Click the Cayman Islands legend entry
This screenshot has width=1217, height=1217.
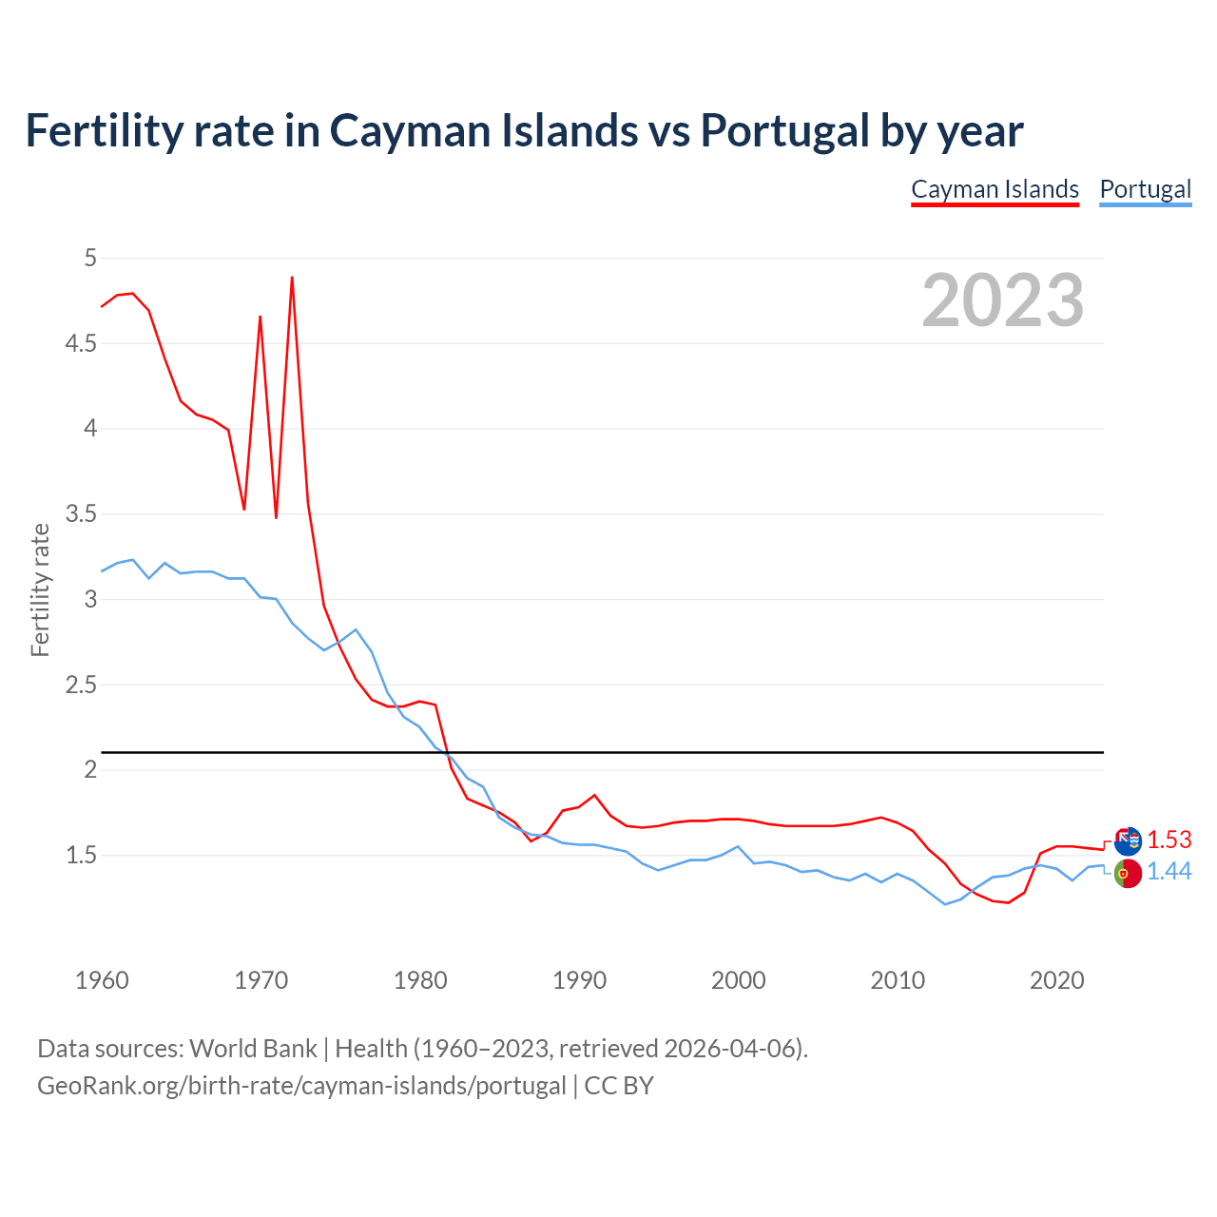pos(995,189)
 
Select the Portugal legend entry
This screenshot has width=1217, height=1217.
pos(1145,189)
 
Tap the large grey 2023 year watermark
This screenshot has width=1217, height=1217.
pos(1003,300)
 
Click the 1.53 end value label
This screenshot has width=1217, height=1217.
pos(1169,840)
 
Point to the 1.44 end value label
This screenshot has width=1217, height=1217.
pos(1169,871)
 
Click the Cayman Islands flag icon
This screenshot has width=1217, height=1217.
pos(1128,841)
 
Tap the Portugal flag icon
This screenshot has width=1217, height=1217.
pos(1128,873)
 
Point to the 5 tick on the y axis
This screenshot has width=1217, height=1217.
pos(90,258)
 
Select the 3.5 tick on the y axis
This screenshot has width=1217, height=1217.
pos(81,514)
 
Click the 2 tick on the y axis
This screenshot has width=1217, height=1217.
pos(90,769)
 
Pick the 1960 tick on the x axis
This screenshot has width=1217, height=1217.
pos(102,980)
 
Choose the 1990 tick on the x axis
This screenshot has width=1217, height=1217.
pos(579,980)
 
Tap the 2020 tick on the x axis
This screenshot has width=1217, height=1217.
pos(1056,980)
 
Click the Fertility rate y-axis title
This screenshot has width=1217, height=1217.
pos(40,589)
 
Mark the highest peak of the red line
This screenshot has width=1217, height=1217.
pos(292,278)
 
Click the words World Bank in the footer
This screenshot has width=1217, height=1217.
pos(253,1049)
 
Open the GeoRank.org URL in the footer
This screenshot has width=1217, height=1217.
pos(301,1086)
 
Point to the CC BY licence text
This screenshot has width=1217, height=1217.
pos(619,1086)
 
